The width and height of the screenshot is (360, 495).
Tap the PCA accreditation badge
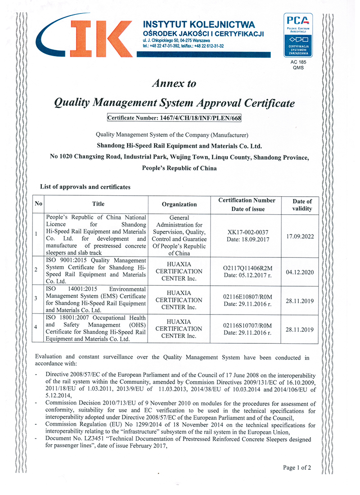297,35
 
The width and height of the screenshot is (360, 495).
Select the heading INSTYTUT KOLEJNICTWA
198,24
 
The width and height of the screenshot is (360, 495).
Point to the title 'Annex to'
174,83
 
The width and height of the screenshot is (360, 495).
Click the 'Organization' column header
179,204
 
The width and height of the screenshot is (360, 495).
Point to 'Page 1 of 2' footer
297,468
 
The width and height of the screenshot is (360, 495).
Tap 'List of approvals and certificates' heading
85,186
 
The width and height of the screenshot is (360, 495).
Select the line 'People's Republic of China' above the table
179,168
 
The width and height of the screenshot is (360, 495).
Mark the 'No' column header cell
38,204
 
